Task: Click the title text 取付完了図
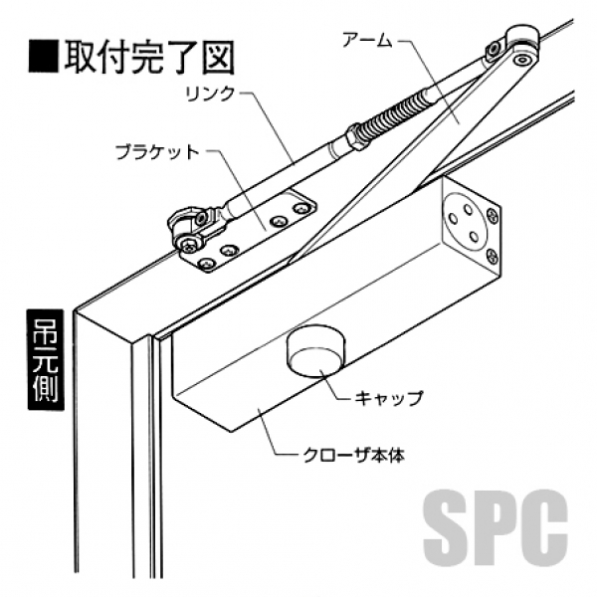pos(149,57)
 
